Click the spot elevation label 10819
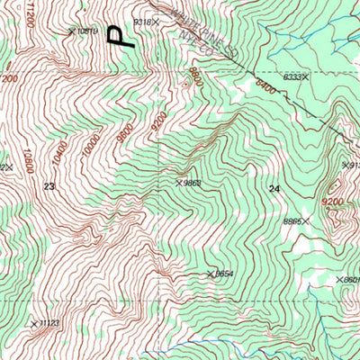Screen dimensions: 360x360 click(x=85, y=31)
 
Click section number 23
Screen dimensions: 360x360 click(x=49, y=186)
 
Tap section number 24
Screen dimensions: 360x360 click(x=274, y=187)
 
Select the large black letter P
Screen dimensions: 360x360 click(x=119, y=35)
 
